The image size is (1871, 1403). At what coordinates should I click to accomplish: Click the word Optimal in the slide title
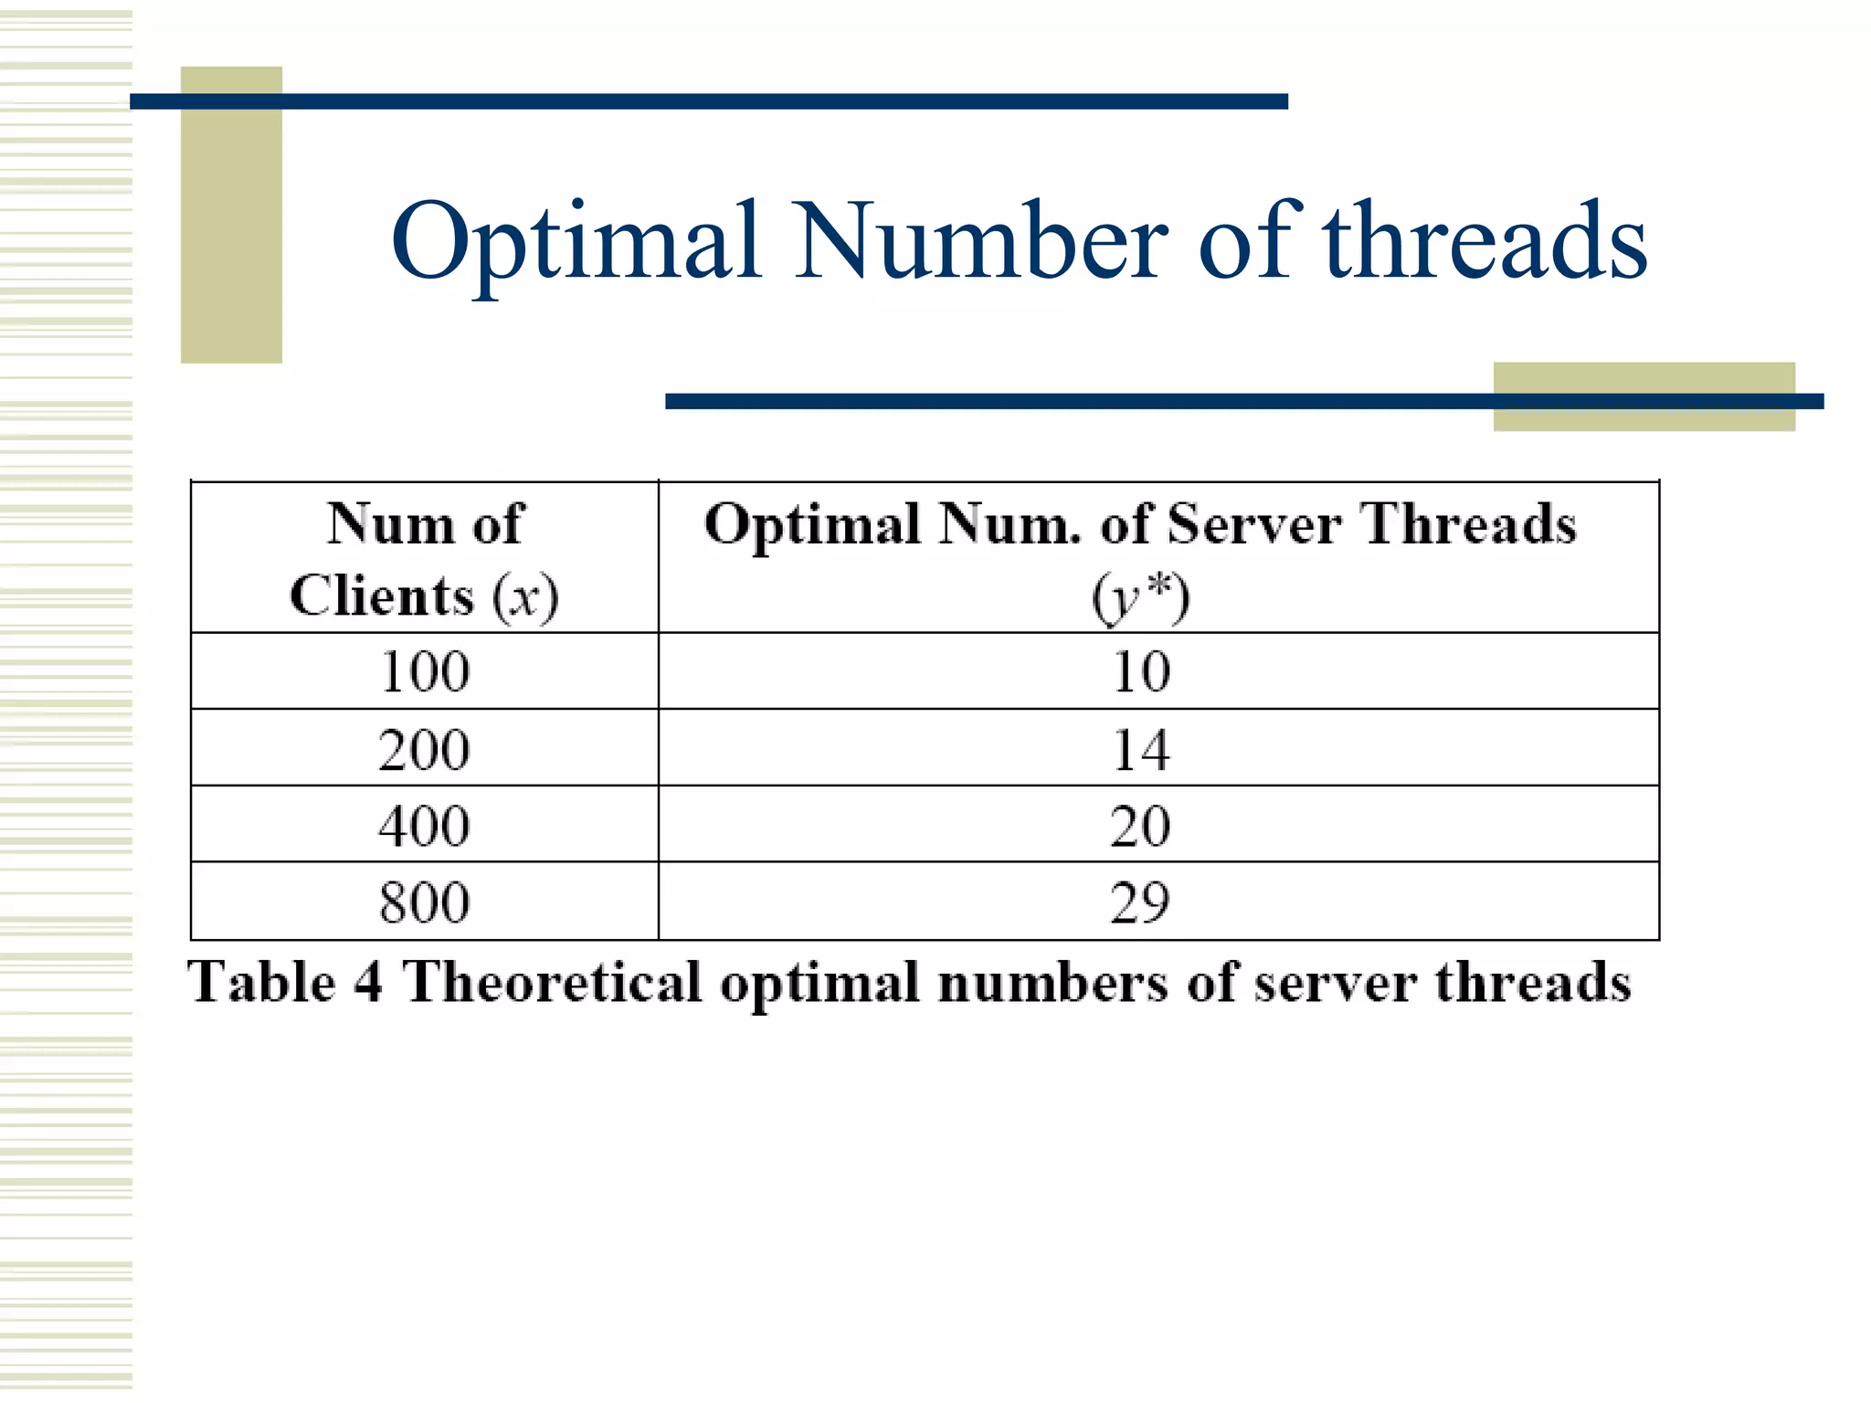tap(576, 242)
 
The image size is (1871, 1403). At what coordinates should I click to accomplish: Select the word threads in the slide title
tap(1485, 242)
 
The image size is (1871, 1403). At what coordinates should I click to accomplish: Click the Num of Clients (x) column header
tap(425, 559)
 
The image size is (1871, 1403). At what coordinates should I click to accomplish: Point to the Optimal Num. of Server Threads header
tap(1140, 525)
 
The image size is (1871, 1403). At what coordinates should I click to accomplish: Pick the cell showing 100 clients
tap(425, 672)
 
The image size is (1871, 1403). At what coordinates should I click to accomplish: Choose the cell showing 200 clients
tap(425, 750)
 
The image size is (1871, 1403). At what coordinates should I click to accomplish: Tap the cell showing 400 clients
tap(425, 826)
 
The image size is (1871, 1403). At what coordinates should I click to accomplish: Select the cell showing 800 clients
tap(425, 902)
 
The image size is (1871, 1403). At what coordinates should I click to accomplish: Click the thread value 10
tap(1141, 672)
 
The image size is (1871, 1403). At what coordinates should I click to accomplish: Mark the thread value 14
tap(1141, 750)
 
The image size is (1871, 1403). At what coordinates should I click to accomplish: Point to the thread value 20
tap(1141, 826)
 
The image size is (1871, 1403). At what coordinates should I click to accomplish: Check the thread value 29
tap(1141, 902)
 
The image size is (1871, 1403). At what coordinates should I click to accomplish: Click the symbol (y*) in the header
tap(1141, 598)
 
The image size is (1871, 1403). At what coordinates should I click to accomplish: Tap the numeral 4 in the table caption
tap(368, 983)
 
